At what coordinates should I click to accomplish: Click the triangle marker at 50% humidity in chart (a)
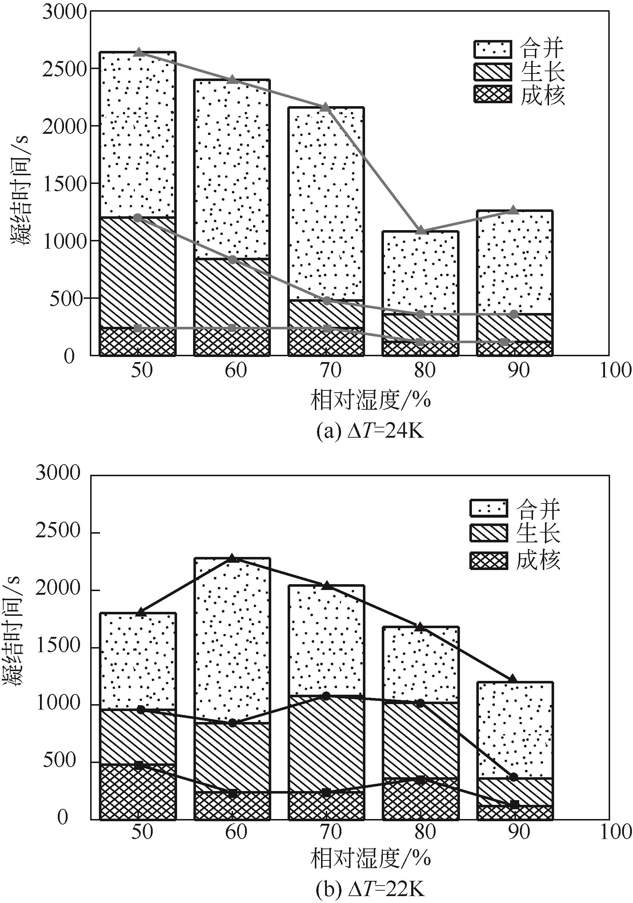pyautogui.click(x=138, y=52)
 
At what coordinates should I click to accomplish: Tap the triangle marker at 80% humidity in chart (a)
pyautogui.click(x=421, y=230)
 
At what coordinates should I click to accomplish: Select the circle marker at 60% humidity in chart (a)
pyautogui.click(x=232, y=260)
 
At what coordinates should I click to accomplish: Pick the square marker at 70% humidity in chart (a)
pyautogui.click(x=326, y=328)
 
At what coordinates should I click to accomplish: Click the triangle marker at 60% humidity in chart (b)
pyautogui.click(x=232, y=558)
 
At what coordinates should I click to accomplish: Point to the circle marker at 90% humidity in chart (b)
pyautogui.click(x=514, y=777)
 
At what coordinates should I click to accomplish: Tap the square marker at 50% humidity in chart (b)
pyautogui.click(x=139, y=765)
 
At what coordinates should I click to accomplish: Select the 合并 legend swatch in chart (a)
pyautogui.click(x=493, y=49)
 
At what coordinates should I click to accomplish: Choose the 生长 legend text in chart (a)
pyautogui.click(x=542, y=72)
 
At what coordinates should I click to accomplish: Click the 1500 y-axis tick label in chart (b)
pyautogui.click(x=58, y=647)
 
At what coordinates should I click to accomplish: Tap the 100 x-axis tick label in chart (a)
pyautogui.click(x=615, y=370)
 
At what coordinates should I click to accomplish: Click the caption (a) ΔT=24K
pyautogui.click(x=370, y=432)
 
